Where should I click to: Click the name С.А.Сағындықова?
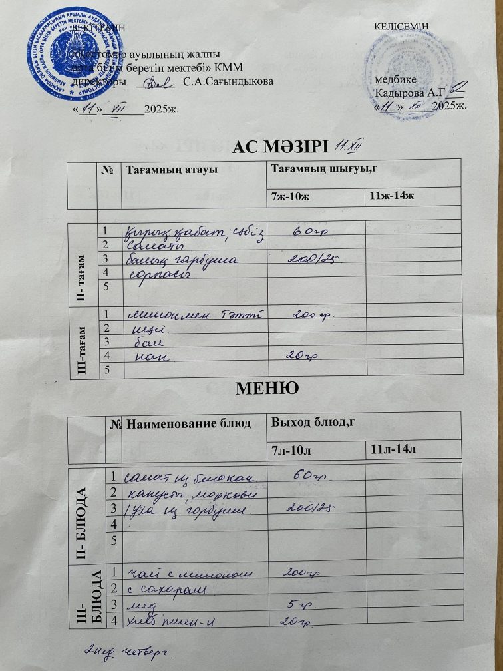[x=227, y=82]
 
